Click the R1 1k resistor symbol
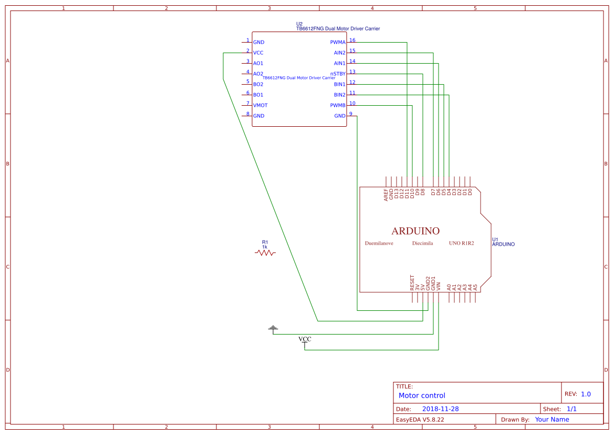265,252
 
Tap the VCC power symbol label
305,339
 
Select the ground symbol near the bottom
273,329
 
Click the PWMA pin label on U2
338,42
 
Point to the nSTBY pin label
338,74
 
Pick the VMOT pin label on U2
260,105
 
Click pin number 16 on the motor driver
352,41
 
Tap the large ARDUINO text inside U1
415,231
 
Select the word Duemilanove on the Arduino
379,244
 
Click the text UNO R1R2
461,244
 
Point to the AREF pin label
386,195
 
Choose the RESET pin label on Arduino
412,283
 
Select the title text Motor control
422,396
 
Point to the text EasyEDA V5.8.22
420,420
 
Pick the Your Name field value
552,420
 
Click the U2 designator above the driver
299,24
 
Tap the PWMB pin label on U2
338,105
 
